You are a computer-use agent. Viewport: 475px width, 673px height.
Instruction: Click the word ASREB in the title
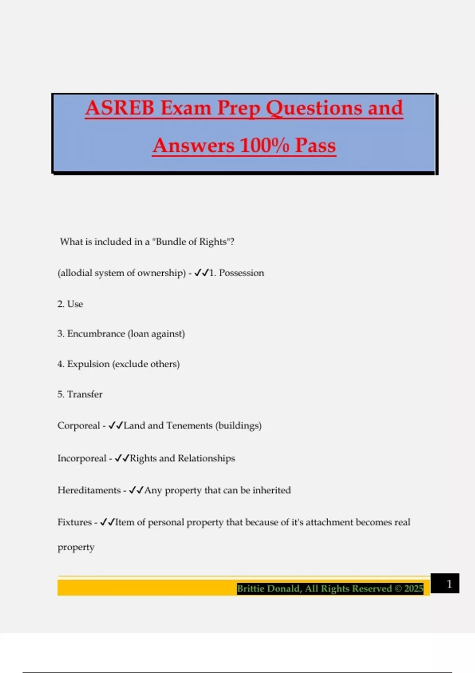(120, 108)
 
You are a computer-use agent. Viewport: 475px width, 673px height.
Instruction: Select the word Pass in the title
(315, 145)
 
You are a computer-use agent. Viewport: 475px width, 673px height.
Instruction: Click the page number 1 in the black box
(449, 584)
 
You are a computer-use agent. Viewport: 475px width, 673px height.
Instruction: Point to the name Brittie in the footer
(251, 589)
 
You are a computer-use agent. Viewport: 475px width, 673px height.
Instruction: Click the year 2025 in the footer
(414, 589)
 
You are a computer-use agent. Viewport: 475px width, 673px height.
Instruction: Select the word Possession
(241, 273)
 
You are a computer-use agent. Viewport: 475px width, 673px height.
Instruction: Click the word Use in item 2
(75, 304)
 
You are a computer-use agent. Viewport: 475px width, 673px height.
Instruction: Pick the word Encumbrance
(96, 334)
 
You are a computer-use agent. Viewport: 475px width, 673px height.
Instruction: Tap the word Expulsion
(88, 364)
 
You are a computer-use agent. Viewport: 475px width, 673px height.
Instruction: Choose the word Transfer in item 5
(85, 394)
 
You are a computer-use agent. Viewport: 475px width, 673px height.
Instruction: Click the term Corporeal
(78, 426)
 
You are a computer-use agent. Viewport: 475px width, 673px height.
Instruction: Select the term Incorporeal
(82, 458)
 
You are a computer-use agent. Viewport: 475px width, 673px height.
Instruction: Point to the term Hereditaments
(89, 490)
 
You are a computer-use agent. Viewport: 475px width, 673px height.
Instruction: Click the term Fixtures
(74, 523)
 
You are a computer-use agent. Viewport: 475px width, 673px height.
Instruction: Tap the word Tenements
(189, 426)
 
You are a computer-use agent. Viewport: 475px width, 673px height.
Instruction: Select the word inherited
(272, 490)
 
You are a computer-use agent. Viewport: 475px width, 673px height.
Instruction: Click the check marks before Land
(115, 426)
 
